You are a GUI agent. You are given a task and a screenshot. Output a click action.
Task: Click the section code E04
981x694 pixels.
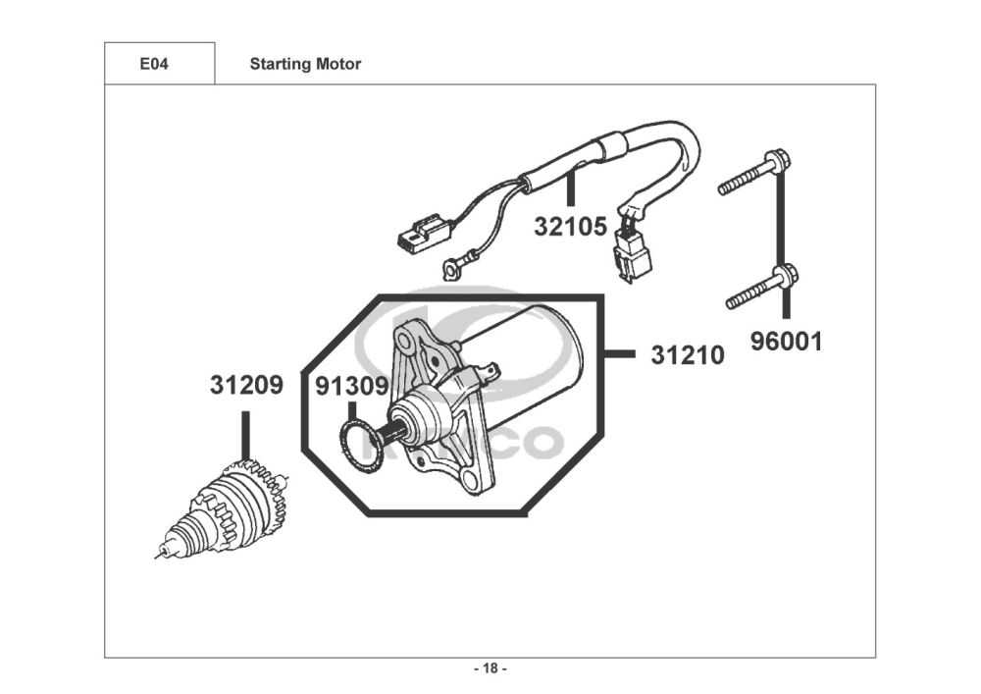point(153,65)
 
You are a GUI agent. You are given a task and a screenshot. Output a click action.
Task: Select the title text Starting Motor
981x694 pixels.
point(305,65)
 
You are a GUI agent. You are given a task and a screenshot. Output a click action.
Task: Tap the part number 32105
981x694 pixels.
point(570,227)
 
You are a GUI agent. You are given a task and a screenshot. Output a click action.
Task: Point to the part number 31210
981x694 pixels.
point(688,355)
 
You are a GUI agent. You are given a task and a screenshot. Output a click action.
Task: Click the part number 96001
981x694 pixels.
point(787,342)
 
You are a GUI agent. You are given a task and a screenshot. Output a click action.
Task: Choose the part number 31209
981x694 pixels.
point(246,386)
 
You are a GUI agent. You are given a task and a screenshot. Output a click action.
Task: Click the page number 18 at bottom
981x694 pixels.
point(490,669)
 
